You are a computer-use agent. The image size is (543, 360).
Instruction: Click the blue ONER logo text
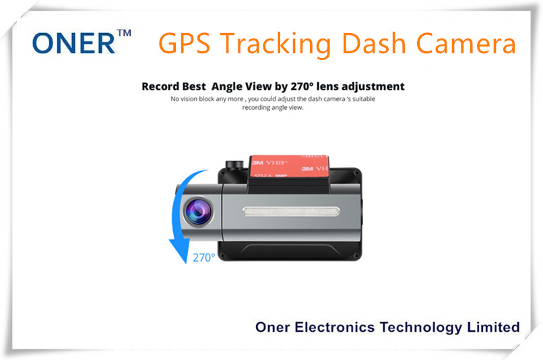coord(73,43)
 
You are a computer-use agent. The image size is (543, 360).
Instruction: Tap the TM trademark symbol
coord(125,33)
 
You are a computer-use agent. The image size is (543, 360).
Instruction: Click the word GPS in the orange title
coord(184,43)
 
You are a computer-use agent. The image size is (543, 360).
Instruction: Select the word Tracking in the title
coord(276,44)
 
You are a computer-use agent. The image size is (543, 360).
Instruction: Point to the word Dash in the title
coord(374,43)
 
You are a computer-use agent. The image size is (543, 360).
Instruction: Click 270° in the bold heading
coord(302,86)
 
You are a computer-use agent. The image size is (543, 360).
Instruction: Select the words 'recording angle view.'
coord(273,108)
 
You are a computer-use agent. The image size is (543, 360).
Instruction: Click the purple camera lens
coord(198,212)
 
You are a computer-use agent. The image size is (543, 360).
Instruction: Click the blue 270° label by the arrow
coord(203,258)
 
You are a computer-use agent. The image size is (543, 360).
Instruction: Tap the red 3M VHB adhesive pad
coord(289,166)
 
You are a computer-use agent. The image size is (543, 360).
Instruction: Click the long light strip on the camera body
coord(291,212)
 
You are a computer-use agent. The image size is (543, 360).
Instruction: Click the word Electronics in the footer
coord(335,327)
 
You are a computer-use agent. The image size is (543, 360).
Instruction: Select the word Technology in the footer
coord(421,328)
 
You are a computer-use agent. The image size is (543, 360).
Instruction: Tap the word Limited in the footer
coord(493,327)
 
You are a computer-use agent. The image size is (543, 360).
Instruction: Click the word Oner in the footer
coord(273,327)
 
